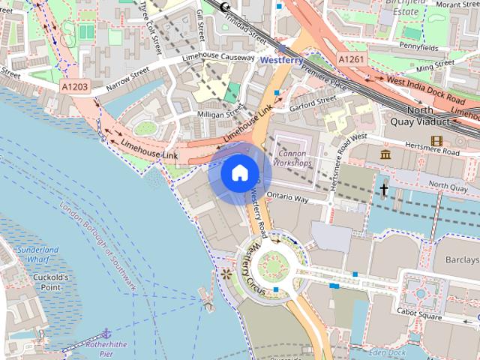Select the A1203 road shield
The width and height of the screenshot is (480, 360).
click(74, 87)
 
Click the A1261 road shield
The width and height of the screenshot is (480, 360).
click(352, 58)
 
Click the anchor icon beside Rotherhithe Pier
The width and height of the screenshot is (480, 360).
click(106, 332)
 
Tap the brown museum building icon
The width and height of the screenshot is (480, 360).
click(385, 154)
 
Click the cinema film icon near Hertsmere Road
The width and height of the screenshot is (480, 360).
click(436, 140)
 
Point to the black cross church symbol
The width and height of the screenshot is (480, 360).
click(383, 190)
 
